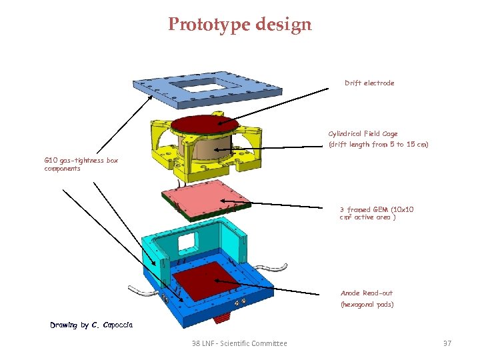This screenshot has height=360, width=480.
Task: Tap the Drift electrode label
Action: coord(369,83)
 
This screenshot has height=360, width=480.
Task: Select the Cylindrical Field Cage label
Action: coord(363,134)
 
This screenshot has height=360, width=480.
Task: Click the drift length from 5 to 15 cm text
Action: coord(378,145)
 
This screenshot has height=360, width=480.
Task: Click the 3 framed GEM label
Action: coord(377,209)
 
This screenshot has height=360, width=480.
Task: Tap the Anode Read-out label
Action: coord(367,293)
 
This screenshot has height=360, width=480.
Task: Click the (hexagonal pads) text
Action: coord(367,305)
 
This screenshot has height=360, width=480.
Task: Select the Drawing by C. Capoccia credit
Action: coord(91,325)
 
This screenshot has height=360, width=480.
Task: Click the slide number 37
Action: coord(447,343)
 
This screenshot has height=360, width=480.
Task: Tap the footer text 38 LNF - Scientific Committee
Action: coord(239,343)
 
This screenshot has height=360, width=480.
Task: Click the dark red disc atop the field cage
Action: coord(205,125)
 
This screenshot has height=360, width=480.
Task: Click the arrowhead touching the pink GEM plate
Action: coord(223,197)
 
